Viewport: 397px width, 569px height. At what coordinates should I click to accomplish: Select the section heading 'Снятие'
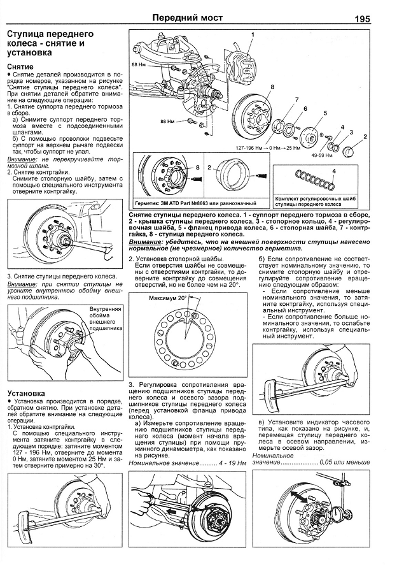[x=20, y=66]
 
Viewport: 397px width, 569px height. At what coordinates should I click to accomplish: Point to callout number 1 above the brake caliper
[x=253, y=34]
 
